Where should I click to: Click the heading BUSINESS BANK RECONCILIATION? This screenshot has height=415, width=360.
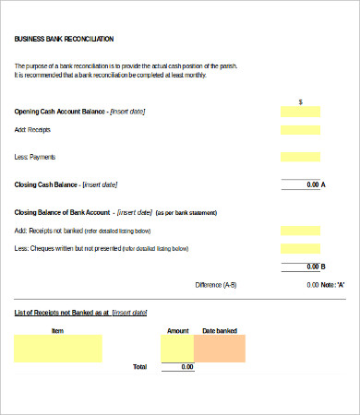(65, 39)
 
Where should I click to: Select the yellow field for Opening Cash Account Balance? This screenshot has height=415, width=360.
(300, 112)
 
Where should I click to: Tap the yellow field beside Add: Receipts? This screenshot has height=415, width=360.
(300, 131)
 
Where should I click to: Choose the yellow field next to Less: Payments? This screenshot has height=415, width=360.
(300, 157)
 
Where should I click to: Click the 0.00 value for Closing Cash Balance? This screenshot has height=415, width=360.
(311, 185)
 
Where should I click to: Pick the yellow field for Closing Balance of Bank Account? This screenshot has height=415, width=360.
(300, 212)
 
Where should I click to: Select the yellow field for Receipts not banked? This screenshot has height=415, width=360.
(300, 231)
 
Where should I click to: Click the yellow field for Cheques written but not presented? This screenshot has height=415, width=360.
(300, 249)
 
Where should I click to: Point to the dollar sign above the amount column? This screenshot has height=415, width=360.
(301, 101)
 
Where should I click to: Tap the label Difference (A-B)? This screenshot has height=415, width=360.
(216, 285)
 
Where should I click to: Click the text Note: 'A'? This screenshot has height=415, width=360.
(333, 285)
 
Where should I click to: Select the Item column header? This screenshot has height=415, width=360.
(57, 329)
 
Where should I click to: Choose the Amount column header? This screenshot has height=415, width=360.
(177, 329)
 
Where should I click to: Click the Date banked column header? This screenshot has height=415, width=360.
(220, 329)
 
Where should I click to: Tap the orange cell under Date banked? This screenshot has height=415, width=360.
(220, 348)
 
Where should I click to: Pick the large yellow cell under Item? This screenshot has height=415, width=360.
(58, 348)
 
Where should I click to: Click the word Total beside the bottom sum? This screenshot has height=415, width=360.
(139, 367)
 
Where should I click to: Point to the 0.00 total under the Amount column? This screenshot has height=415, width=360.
(186, 367)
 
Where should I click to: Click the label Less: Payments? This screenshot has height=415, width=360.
(35, 157)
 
